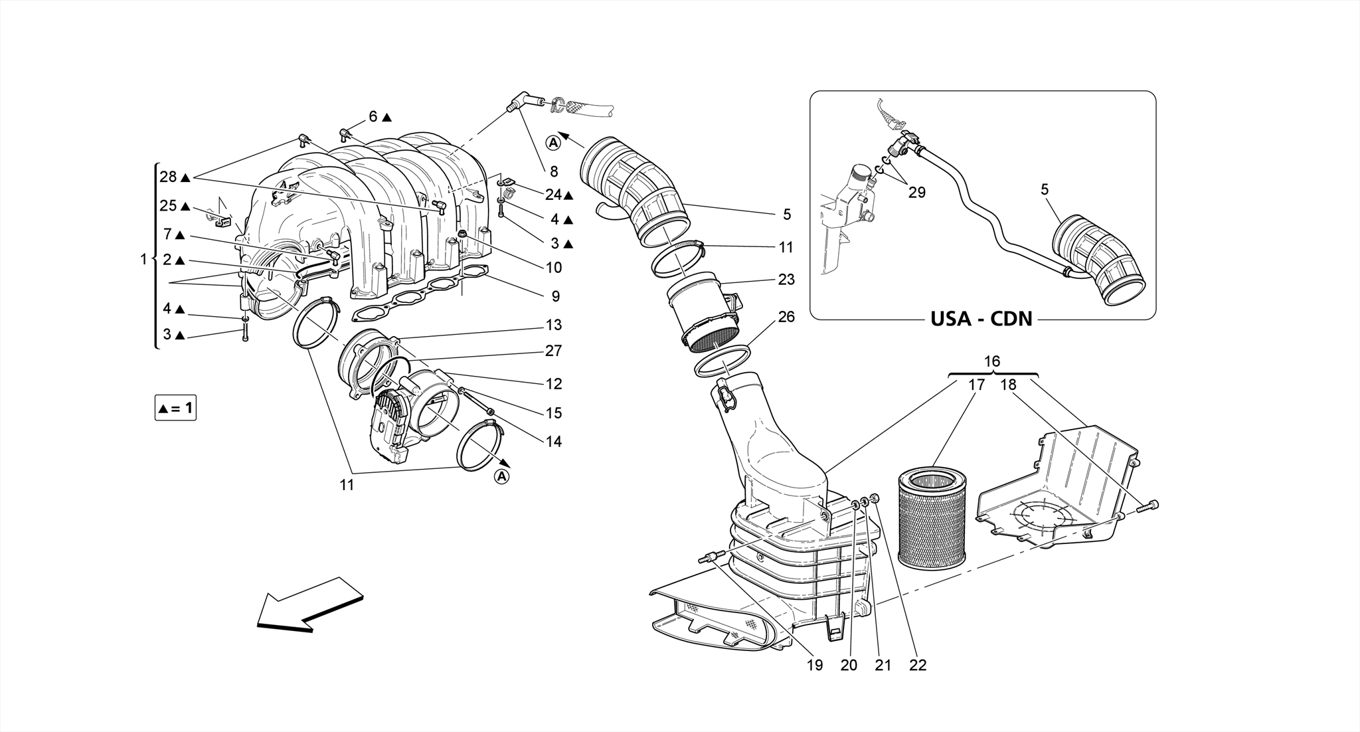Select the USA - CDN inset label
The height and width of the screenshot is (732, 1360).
click(x=981, y=319)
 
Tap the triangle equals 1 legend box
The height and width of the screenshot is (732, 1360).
click(x=175, y=408)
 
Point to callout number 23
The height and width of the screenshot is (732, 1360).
click(x=786, y=280)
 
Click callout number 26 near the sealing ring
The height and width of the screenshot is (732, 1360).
click(x=786, y=317)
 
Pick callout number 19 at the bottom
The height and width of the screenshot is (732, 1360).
click(x=815, y=665)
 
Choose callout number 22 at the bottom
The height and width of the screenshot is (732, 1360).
click(x=917, y=665)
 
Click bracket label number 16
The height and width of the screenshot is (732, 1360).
click(x=991, y=361)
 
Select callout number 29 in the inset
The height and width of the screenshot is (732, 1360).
click(x=916, y=193)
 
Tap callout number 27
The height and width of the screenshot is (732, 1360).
click(x=554, y=351)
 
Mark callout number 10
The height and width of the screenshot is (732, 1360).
click(x=554, y=267)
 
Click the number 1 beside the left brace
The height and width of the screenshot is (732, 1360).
click(x=143, y=260)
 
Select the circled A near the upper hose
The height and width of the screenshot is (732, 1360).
click(x=553, y=141)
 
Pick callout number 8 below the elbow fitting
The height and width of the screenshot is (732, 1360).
click(x=554, y=171)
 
